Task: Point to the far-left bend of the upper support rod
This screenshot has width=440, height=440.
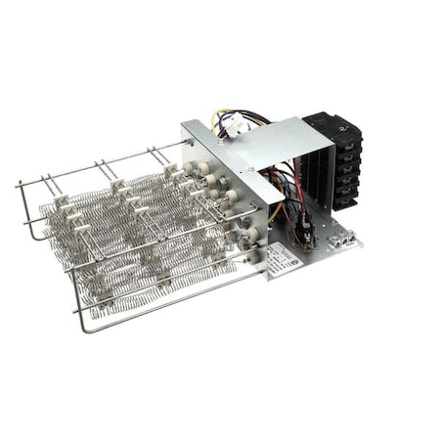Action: pos(20,185)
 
